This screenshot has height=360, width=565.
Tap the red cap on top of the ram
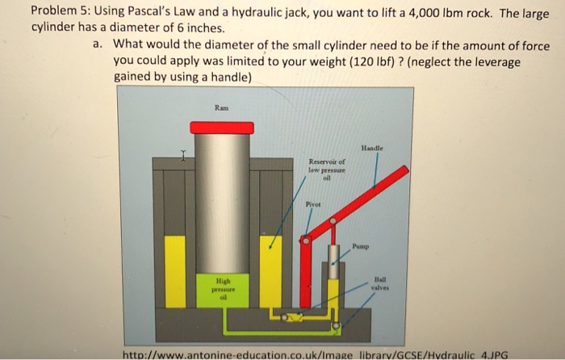point(222,128)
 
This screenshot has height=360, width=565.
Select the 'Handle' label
point(372,148)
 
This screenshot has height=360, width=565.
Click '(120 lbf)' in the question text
point(366,61)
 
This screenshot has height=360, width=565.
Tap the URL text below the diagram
point(315,353)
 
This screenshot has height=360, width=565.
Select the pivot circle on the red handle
point(306,240)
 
